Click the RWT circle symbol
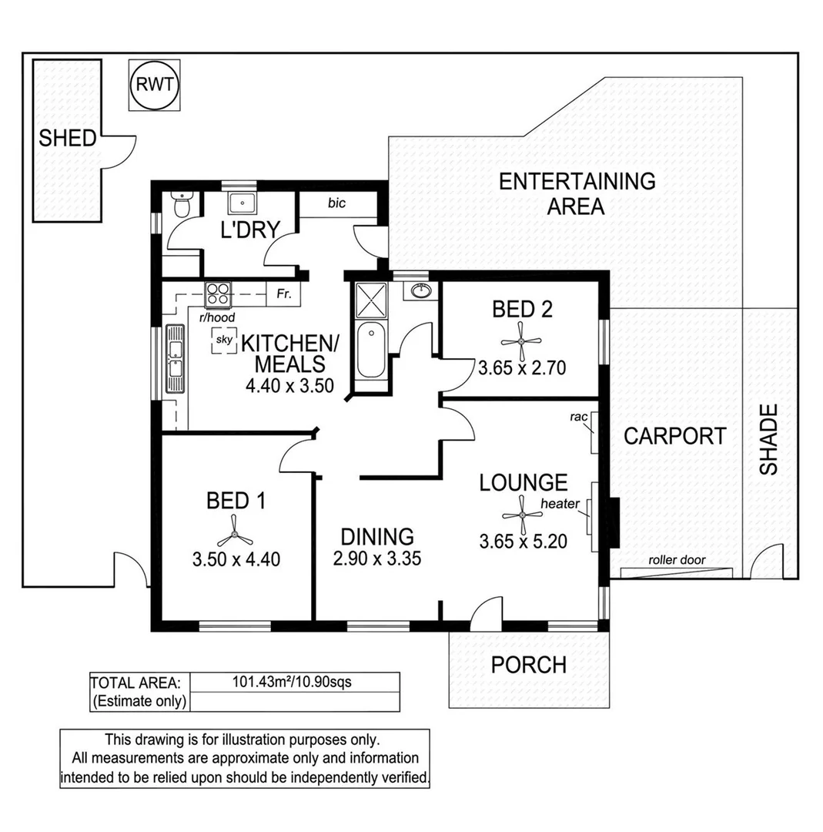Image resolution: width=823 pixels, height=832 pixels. (x=155, y=86)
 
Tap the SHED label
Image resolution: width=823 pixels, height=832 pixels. (x=68, y=139)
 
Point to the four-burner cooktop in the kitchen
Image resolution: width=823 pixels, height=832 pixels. (x=219, y=294)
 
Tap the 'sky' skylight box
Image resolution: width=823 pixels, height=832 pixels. (x=224, y=340)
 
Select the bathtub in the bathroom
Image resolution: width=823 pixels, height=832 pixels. (x=370, y=351)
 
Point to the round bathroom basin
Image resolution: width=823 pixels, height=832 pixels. (x=420, y=291)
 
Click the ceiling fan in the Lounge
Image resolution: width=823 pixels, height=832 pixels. (x=521, y=512)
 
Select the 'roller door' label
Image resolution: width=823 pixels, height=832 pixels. (x=677, y=560)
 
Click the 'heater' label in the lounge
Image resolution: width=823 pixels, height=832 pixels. (x=560, y=504)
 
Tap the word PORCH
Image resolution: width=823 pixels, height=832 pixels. (x=528, y=664)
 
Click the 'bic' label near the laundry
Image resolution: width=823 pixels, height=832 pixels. (x=336, y=203)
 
